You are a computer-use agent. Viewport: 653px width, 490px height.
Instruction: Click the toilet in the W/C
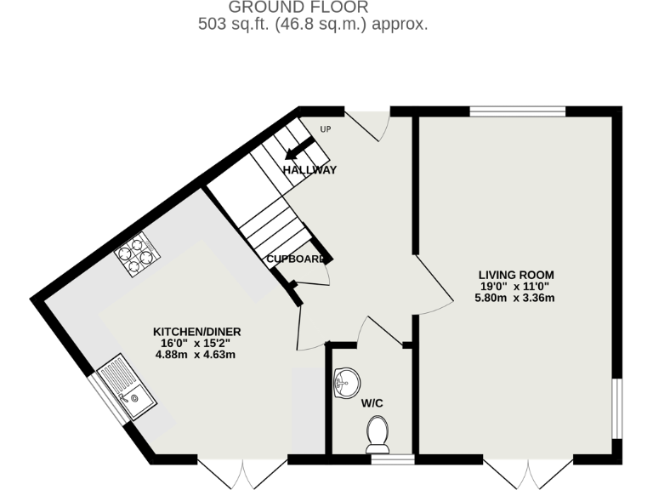377,433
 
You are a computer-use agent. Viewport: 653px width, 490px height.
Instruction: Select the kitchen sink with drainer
126,390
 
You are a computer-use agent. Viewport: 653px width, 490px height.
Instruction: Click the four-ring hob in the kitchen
137,252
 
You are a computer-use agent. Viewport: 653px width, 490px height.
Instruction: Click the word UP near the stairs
325,129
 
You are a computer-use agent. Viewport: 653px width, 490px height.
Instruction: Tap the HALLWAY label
309,170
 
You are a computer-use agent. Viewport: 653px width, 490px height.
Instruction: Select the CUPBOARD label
295,259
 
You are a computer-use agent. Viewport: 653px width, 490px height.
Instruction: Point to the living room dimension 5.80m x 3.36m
515,298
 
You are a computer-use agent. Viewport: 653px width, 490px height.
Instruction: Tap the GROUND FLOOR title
298,8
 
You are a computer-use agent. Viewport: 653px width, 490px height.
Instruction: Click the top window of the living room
518,111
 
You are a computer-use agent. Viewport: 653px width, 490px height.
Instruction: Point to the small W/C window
393,459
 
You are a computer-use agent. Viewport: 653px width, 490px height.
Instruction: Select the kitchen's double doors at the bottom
243,473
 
